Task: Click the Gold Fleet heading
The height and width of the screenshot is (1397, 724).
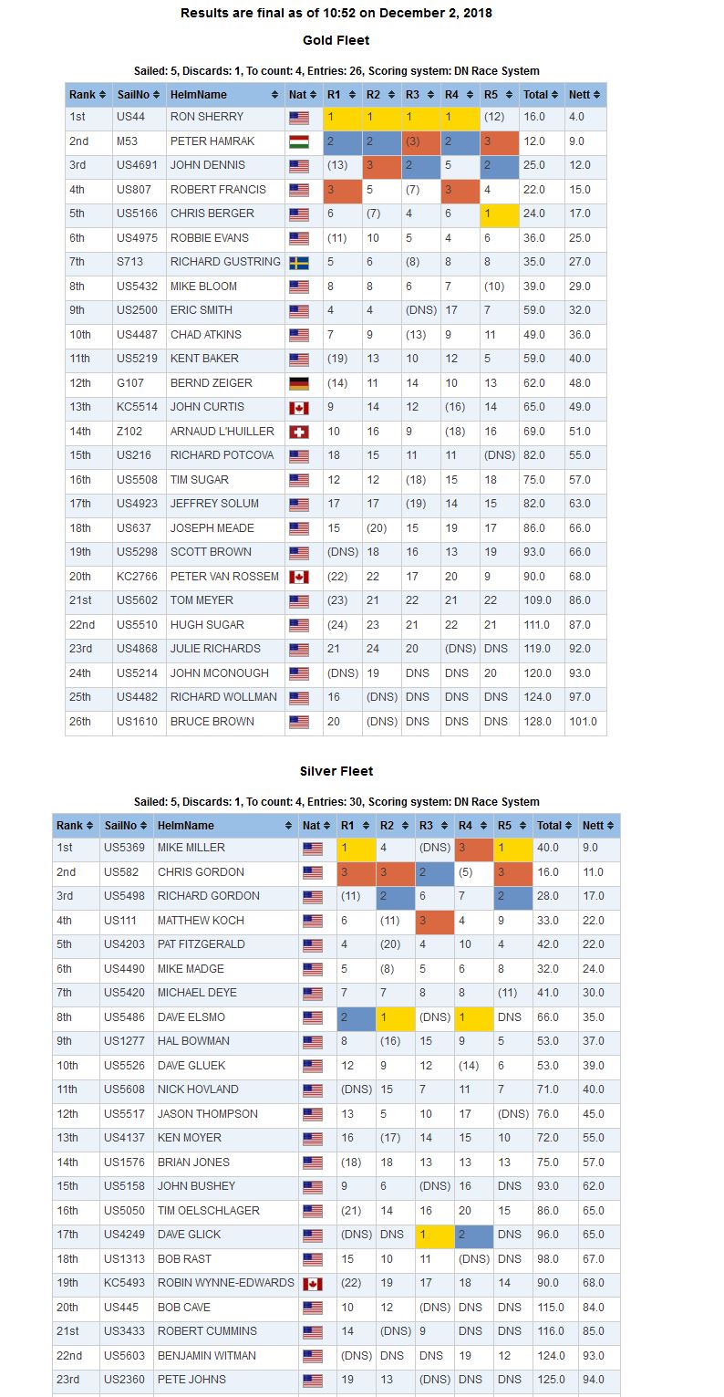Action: coord(336,40)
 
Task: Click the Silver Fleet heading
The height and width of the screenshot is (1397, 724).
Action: coord(336,771)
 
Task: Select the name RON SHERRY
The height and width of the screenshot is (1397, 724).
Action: coord(207,117)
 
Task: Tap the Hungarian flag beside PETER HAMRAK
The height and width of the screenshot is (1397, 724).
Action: coord(299,142)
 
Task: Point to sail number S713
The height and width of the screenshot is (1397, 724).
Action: coord(129,262)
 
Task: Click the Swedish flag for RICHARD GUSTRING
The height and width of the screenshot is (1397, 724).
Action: coord(299,263)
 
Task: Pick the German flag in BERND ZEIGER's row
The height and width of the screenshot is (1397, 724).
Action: coord(299,383)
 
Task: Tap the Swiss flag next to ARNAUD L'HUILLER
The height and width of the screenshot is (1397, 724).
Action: coord(299,433)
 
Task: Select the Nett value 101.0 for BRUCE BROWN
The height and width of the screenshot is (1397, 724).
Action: coord(584,722)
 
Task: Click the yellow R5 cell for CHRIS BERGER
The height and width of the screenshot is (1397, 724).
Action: coord(500,214)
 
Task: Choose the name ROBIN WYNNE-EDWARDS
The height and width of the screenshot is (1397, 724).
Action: coord(225,1283)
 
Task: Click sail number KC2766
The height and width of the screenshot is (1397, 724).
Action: coord(137,577)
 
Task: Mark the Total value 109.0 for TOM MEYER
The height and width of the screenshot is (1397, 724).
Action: coord(537,600)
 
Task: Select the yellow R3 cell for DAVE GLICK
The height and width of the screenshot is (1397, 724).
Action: coord(435,1235)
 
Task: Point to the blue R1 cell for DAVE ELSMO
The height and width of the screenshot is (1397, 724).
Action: coord(357,1017)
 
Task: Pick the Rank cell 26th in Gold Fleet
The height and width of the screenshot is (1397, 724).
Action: coord(79,722)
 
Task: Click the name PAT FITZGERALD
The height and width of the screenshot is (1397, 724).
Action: coord(202,944)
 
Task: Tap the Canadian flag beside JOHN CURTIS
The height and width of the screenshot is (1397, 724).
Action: coord(299,408)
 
